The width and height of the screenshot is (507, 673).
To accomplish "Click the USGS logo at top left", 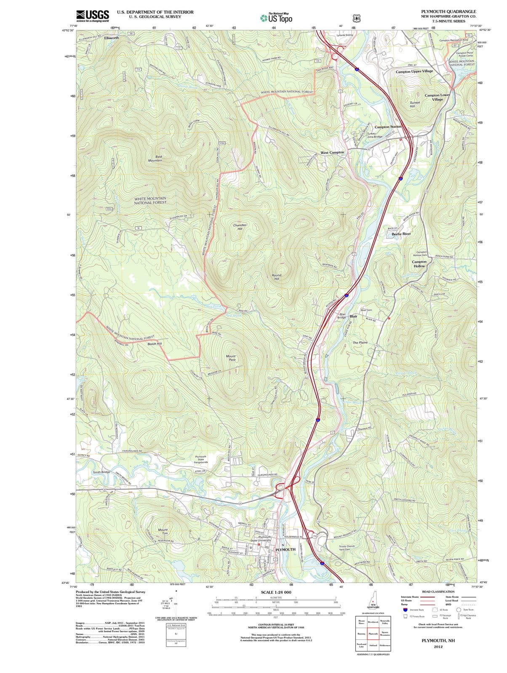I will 93,16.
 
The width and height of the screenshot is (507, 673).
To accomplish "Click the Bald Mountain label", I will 155,158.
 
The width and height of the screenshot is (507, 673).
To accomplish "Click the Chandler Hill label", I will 240,227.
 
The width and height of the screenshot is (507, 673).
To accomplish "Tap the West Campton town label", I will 332,152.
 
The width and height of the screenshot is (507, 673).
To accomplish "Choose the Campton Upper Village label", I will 414,71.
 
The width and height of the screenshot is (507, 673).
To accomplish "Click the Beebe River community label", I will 401,233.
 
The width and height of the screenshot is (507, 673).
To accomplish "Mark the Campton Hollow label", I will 419,264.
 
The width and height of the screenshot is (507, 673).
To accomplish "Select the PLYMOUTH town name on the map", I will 285,549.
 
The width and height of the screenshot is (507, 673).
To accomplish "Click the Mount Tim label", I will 163,532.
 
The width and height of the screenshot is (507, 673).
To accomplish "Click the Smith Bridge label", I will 101,472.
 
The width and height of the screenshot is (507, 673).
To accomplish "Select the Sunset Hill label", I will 415,104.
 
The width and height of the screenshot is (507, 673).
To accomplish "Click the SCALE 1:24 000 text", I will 276,592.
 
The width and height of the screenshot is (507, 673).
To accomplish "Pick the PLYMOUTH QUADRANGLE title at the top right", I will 448,11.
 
